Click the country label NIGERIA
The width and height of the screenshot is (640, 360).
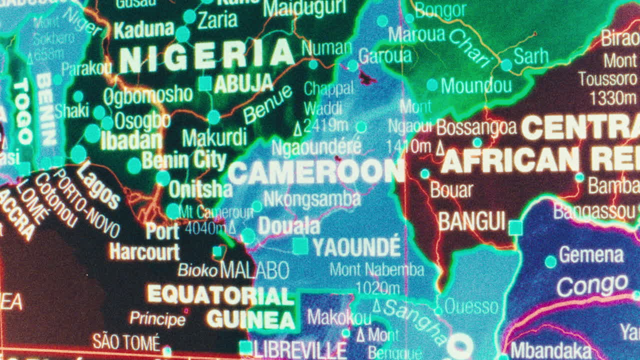(206, 56)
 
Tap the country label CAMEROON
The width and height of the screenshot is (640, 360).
(316, 172)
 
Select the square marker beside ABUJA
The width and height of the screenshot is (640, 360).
(205, 83)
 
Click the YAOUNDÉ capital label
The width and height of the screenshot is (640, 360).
(356, 247)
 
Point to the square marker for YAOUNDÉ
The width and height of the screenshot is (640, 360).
(300, 246)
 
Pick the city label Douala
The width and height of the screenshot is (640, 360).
(289, 226)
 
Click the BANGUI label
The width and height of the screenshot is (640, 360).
(472, 221)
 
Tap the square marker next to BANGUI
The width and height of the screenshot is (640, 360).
(515, 228)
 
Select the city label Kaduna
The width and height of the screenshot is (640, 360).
(143, 30)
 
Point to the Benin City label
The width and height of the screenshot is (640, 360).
(184, 160)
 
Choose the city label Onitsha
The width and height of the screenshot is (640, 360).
(200, 189)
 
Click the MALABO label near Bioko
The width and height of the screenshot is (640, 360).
(254, 270)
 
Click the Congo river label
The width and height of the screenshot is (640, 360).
(592, 285)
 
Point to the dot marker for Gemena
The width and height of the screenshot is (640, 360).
(550, 261)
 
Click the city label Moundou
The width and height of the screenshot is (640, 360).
(476, 85)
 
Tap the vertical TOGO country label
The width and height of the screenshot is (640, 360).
(22, 112)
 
